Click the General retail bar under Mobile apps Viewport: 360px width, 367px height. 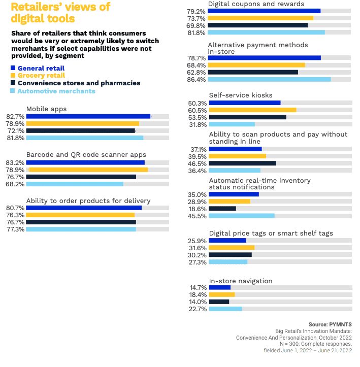click(x=88, y=116)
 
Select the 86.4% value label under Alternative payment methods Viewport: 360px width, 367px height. click(x=196, y=80)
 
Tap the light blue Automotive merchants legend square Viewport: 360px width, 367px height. click(x=12, y=91)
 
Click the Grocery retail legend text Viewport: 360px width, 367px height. click(x=41, y=75)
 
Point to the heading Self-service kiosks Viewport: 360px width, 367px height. click(x=241, y=95)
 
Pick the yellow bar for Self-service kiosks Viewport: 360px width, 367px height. click(x=252, y=110)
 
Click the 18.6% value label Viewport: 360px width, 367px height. click(x=197, y=209)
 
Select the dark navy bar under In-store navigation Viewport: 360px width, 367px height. click(x=219, y=302)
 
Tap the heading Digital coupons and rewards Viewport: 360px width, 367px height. click(x=256, y=4)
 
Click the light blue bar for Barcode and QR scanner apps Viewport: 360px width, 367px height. click(x=75, y=184)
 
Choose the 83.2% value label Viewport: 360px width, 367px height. click(x=15, y=162)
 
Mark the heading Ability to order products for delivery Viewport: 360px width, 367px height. click(x=88, y=201)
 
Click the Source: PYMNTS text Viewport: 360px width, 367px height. click(x=330, y=324)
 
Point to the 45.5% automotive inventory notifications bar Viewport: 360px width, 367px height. click(x=242, y=216)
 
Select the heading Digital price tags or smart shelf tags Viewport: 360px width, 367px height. click(x=271, y=233)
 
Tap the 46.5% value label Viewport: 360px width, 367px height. click(x=197, y=164)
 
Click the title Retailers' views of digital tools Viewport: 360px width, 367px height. click(x=60, y=13)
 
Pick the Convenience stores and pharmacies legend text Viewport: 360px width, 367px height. click(x=79, y=83)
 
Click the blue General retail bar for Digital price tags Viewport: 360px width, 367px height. click(x=227, y=241)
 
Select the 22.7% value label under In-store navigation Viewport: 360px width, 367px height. click(x=198, y=309)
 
